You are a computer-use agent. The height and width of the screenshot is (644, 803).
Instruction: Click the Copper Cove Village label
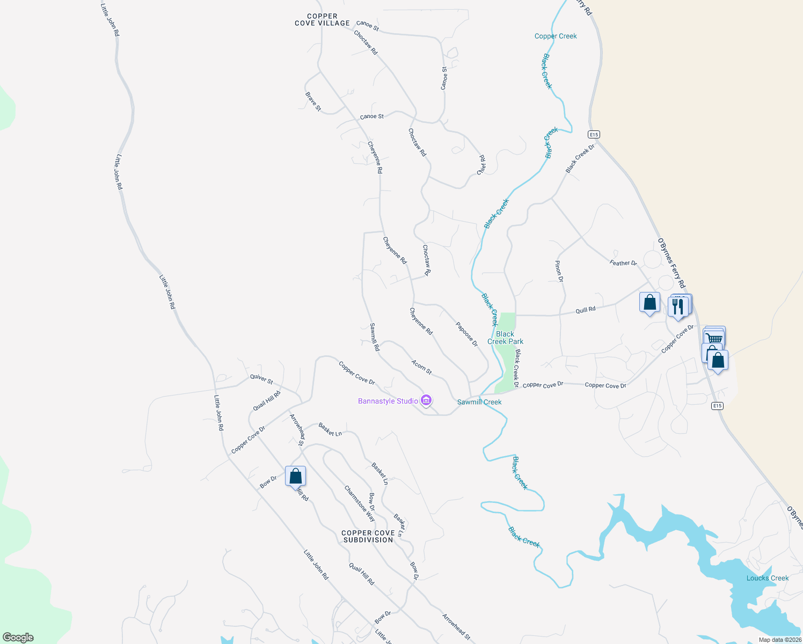coord(322,20)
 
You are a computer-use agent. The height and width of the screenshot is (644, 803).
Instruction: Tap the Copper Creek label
coord(556,36)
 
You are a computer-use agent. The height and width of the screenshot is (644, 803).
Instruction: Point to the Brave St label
coord(313,101)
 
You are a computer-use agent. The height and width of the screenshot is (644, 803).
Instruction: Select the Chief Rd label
coord(481,165)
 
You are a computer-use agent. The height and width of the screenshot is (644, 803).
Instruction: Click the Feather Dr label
coord(623,263)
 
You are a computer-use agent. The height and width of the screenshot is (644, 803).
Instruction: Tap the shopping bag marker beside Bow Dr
coord(295,476)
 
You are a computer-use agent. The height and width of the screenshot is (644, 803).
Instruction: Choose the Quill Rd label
coord(585,310)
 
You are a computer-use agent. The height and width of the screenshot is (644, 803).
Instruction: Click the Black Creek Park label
coord(505,338)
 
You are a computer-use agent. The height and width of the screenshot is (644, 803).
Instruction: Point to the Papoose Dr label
coord(466,334)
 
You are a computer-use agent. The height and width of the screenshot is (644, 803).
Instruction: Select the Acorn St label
coord(421,367)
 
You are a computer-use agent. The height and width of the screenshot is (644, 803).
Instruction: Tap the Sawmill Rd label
coord(375,337)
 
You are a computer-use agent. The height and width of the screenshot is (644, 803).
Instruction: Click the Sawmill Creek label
coord(479,402)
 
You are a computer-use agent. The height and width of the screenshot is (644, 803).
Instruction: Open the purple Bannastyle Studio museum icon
coord(426,400)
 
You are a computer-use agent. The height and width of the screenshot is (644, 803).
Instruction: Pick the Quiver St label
coord(261,379)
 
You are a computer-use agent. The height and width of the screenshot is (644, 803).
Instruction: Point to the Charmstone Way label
coord(360,503)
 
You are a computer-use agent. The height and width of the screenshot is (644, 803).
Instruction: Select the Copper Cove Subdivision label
coord(368,536)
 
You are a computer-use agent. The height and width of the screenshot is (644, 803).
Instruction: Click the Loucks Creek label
coord(768,578)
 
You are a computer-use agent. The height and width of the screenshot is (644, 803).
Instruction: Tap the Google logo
coord(18,638)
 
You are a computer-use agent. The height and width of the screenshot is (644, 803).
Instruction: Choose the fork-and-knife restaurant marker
coord(678,306)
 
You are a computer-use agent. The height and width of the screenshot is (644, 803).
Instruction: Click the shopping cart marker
coord(714,338)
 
